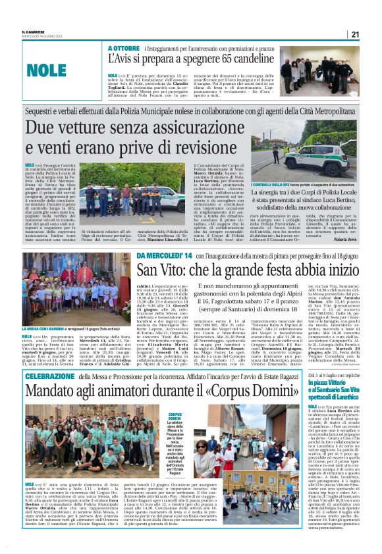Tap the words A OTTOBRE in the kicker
point(124,49)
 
